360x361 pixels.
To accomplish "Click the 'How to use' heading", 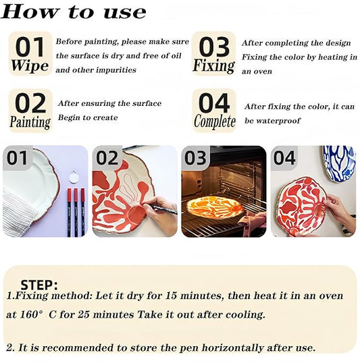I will click(74, 12).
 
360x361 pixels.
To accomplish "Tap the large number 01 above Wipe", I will click(30, 47).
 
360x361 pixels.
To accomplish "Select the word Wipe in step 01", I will click(30, 66).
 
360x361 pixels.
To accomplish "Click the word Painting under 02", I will click(30, 122).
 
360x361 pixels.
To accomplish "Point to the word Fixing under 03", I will click(213, 66).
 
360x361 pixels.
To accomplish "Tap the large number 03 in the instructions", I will click(214, 47).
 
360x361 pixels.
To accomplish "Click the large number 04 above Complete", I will click(214, 103).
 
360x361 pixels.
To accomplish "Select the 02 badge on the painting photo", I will click(107, 159).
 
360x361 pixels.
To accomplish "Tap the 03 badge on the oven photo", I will click(196, 159).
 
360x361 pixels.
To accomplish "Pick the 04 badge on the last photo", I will click(285, 159).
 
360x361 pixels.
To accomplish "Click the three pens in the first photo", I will click(75, 211).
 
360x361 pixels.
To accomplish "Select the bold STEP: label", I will click(39, 285).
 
